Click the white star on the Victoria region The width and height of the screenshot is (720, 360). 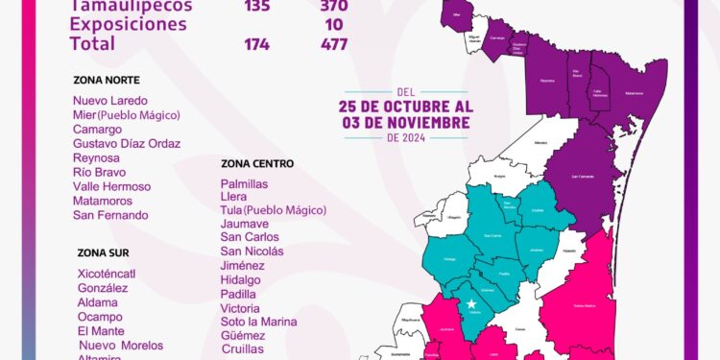pos(471,305)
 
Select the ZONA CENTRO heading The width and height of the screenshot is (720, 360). pos(256,163)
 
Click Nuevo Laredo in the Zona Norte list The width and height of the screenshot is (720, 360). pos(110,101)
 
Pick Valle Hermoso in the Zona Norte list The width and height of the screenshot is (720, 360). pos(111,186)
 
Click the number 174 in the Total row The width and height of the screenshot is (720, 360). pos(256,43)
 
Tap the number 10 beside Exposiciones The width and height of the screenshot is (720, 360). pos(334,24)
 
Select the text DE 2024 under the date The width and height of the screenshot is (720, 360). pos(406,137)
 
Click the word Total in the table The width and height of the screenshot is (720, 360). pos(92,43)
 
